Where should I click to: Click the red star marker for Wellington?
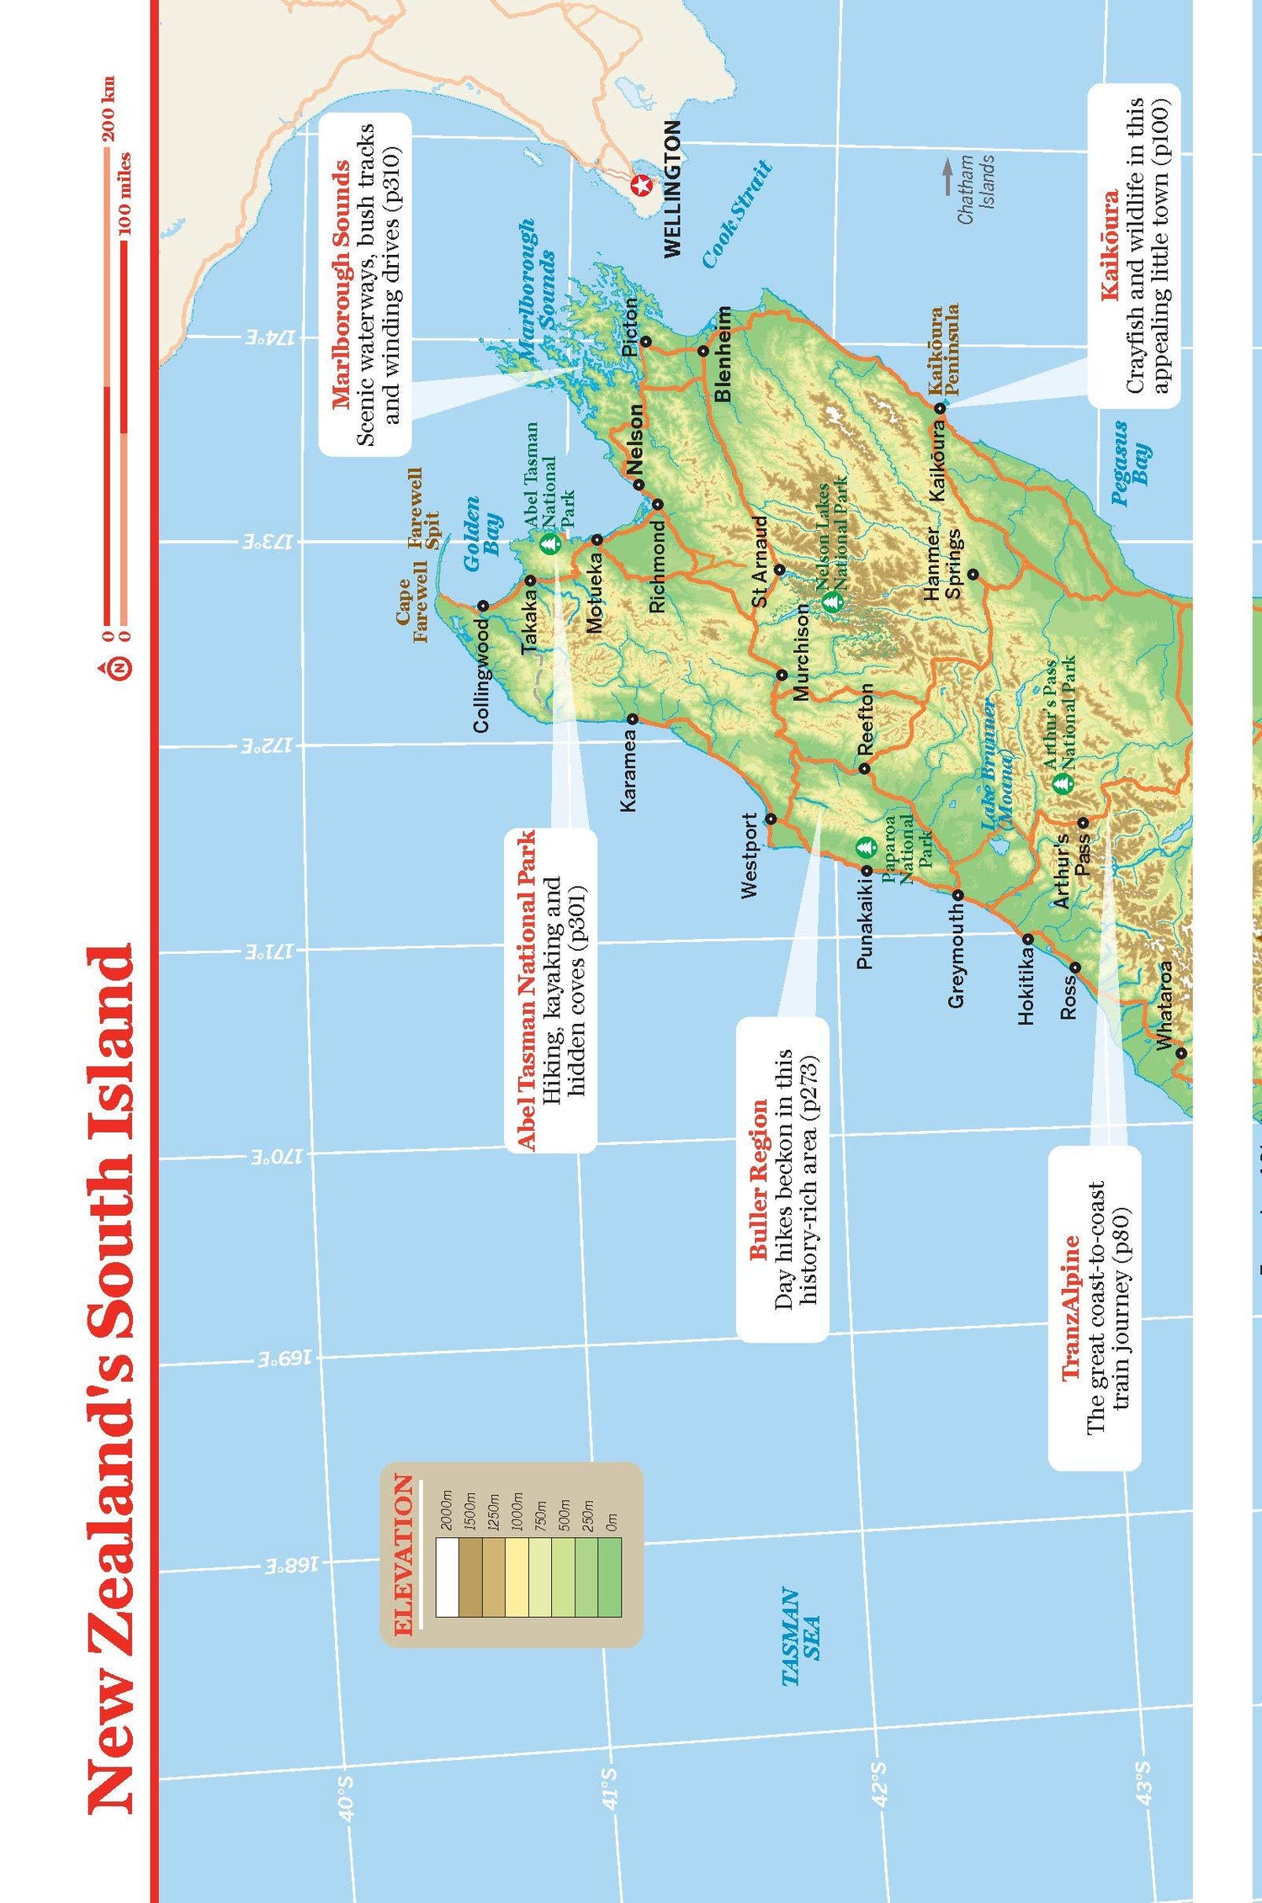(x=642, y=185)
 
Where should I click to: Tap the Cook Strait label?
(x=737, y=215)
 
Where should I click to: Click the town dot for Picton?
(x=645, y=341)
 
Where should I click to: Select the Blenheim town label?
(x=722, y=354)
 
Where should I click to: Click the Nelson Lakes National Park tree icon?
(x=831, y=601)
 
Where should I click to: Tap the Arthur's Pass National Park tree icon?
(x=1063, y=782)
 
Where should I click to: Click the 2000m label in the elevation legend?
(x=447, y=1509)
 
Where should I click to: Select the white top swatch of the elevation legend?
(x=447, y=1577)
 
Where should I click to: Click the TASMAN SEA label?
(x=801, y=1636)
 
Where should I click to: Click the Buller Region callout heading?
(x=759, y=1179)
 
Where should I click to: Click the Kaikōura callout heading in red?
(x=1110, y=245)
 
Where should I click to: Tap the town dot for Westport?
(x=770, y=818)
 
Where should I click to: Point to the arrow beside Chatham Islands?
(x=947, y=176)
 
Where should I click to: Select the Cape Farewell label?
(x=411, y=610)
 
